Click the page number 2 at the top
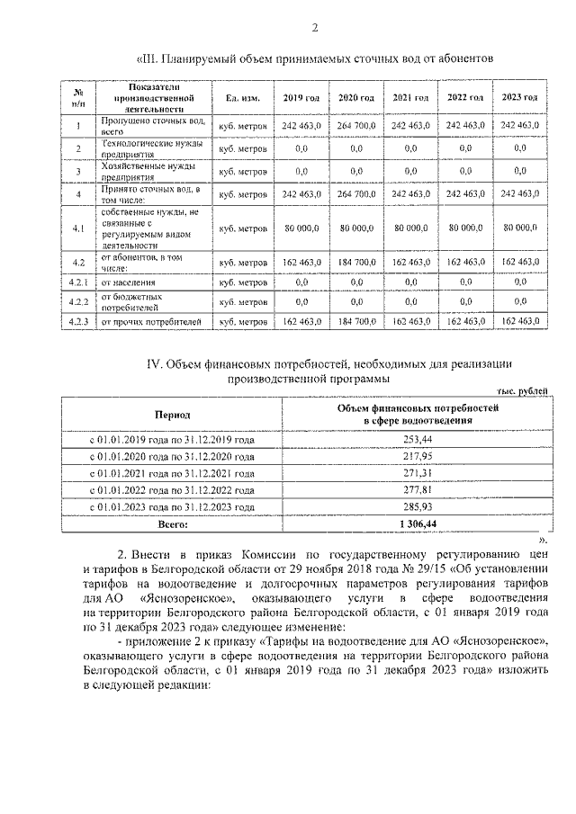315,25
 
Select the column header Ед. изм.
242,97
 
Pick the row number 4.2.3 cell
78,321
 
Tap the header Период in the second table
171,416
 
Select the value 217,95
419,456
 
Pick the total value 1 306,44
419,523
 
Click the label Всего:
171,523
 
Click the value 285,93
419,506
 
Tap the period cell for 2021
171,472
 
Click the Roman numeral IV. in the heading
154,363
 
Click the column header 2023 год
520,97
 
